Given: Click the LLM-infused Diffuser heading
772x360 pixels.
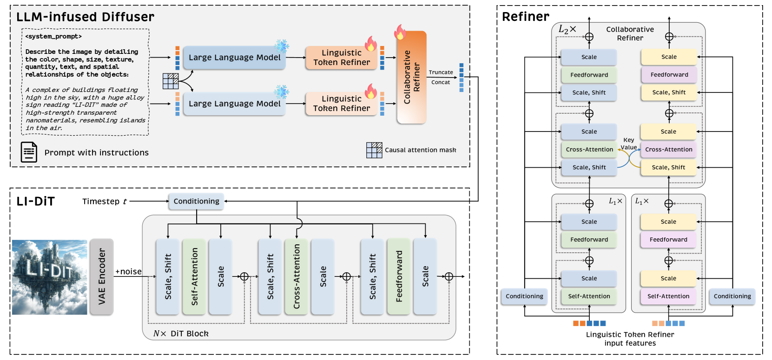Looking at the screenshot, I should pos(85,17).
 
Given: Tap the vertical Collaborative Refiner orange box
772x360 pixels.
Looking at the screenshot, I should pos(411,77).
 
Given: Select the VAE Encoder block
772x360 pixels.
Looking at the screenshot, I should pos(101,276).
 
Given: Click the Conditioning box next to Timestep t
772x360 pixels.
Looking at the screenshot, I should pos(196,201).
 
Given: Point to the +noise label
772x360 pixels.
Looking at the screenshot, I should pos(128,272).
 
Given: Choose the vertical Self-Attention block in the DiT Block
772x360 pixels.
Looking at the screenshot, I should pos(194,276).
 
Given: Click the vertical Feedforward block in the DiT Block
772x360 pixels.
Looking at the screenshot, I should pos(399,276).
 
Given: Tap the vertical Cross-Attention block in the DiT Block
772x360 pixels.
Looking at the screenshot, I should pos(297,276).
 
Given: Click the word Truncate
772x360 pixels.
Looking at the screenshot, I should pos(441,72).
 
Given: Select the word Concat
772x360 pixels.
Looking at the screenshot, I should pos(441,82).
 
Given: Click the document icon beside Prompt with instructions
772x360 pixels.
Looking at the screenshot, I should pos(29,152).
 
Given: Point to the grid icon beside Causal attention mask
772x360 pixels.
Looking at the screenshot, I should pos(374,150).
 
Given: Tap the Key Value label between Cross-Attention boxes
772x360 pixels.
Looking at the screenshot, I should pos(629,144).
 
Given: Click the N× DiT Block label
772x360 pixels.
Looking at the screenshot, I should pos(181,334).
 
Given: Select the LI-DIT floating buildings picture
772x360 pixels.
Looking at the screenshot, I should pos(50,277).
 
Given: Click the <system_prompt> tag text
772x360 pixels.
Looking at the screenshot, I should pos(53,36).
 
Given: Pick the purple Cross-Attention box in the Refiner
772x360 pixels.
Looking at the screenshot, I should pos(668,150).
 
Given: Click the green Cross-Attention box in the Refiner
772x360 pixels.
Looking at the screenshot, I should pos(589,150).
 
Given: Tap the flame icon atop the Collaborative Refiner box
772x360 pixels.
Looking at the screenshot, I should pos(400,32).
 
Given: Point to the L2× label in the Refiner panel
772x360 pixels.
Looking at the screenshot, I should pos(567,29).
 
